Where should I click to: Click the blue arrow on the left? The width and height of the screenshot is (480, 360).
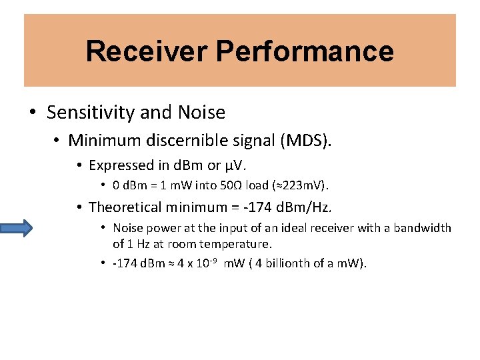pyautogui.click(x=16, y=229)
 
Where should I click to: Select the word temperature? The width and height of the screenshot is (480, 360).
pyautogui.click(x=238, y=244)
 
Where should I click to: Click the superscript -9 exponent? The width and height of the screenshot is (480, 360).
pyautogui.click(x=215, y=259)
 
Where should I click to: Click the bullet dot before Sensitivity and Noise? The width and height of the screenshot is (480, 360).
pyautogui.click(x=33, y=113)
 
